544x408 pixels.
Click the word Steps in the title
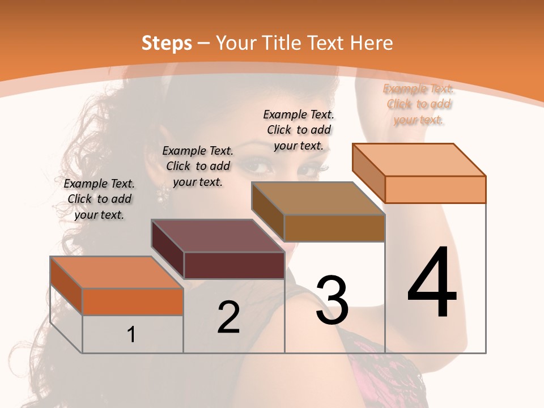167,43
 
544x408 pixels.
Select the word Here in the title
372,43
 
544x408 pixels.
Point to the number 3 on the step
332,300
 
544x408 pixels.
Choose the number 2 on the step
228,318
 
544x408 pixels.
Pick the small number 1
131,334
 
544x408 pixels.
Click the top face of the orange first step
117,273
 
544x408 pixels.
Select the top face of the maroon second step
218,236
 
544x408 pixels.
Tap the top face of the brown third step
318,198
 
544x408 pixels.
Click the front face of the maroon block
235,265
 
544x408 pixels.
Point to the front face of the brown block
334,228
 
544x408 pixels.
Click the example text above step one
99,199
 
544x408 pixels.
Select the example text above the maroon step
198,166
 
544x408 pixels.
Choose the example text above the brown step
299,130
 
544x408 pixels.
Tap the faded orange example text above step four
419,104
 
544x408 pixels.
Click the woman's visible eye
258,167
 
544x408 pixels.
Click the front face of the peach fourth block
435,189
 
